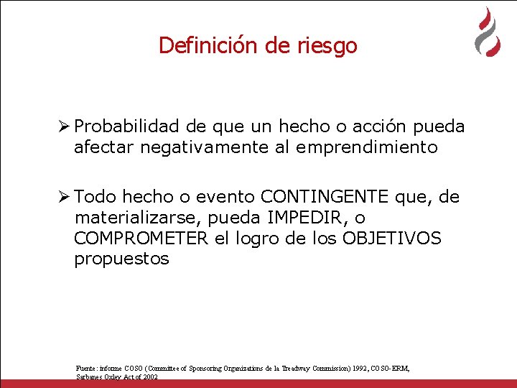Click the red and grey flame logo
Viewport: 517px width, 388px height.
[x=488, y=32]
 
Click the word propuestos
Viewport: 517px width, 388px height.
[x=121, y=259]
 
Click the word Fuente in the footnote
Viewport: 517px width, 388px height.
[x=86, y=368]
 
